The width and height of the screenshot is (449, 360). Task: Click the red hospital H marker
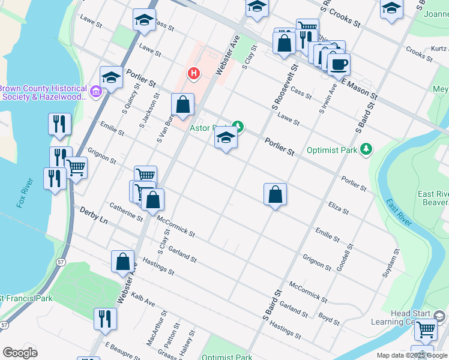pos(193,74)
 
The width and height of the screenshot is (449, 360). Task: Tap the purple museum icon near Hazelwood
pos(95,92)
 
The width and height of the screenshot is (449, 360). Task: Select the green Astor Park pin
pos(238,126)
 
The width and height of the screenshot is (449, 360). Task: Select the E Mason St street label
pos(359,88)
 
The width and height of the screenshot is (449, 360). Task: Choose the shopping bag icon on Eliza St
pos(275,194)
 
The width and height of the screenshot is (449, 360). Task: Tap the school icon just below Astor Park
pos(226,139)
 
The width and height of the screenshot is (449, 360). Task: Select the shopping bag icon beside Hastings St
pos(122,262)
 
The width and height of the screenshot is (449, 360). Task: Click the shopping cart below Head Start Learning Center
pos(426,329)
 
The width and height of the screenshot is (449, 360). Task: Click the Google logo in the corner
pos(20,352)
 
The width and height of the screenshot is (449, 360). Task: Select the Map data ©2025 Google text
pos(411,355)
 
